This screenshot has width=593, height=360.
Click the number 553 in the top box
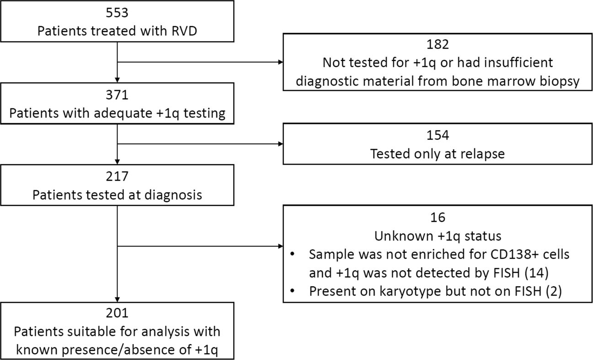pyautogui.click(x=118, y=12)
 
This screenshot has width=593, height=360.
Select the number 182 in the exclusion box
pyautogui.click(x=438, y=44)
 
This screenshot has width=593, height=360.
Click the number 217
pyautogui.click(x=118, y=176)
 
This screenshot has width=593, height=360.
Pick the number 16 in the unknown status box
pyautogui.click(x=438, y=217)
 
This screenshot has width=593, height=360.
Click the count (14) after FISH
pyautogui.click(x=540, y=273)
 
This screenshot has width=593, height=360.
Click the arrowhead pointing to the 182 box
pyautogui.click(x=279, y=62)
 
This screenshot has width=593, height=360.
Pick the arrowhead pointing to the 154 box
pyautogui.click(x=279, y=144)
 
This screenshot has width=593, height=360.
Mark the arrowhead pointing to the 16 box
pyautogui.click(x=279, y=246)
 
